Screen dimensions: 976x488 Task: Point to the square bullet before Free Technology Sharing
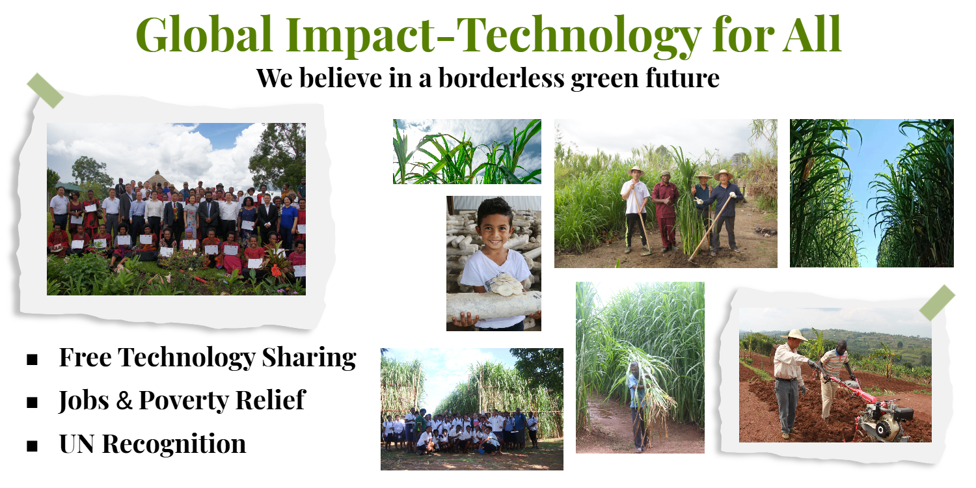32,359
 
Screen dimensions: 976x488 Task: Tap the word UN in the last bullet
77,444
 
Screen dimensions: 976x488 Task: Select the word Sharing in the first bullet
309,358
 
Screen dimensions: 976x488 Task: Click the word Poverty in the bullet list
182,401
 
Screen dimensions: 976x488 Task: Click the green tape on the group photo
46,90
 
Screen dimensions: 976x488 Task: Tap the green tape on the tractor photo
937,303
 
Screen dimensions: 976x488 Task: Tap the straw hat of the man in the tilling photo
794,334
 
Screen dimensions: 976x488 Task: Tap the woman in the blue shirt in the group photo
288,220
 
